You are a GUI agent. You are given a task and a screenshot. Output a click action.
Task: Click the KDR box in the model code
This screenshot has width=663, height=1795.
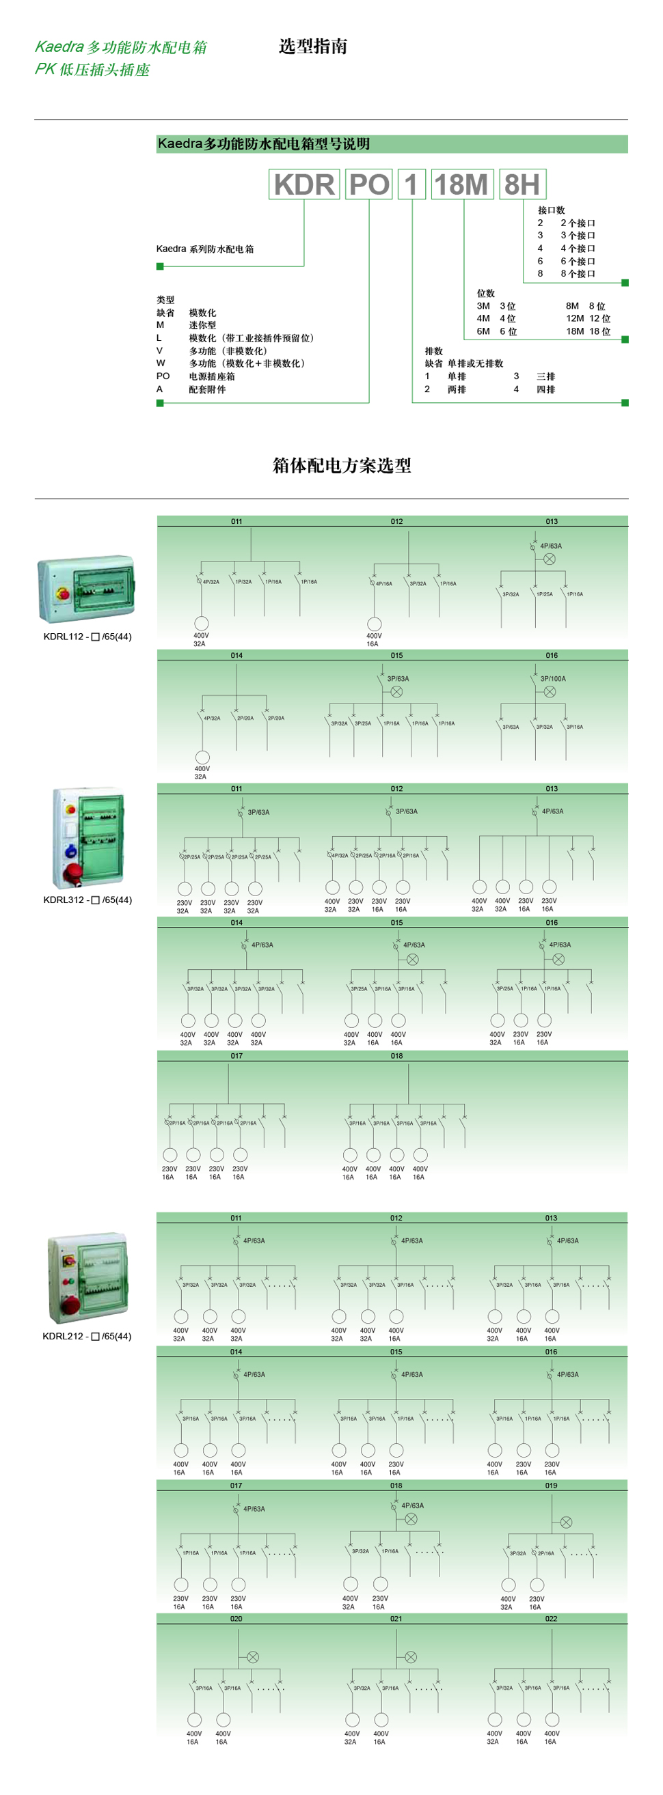tap(304, 184)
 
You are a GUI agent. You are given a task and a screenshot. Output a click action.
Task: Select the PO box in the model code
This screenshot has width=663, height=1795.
tap(369, 184)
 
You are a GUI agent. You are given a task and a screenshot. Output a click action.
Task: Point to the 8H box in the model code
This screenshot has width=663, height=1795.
tap(522, 184)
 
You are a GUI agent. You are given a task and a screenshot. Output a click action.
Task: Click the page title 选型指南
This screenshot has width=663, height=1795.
tap(313, 46)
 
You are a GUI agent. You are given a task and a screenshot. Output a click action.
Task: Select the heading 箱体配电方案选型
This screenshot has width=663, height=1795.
tap(342, 465)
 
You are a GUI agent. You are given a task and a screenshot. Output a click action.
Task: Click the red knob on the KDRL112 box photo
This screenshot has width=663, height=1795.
tap(61, 593)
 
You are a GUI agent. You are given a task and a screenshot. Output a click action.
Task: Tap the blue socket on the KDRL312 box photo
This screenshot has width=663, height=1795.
tap(71, 851)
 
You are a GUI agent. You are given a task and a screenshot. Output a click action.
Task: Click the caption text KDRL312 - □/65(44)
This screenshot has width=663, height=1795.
tap(87, 900)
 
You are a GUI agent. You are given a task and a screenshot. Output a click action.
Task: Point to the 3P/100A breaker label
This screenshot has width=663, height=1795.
tap(553, 679)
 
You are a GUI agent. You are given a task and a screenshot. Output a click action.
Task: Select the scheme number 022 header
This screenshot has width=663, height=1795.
tap(552, 1619)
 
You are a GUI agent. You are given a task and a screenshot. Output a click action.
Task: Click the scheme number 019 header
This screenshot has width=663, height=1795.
tap(552, 1486)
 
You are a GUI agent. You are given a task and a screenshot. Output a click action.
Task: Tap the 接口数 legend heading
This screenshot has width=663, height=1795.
tap(551, 210)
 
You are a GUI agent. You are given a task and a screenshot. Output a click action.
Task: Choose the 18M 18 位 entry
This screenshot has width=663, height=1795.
tap(588, 332)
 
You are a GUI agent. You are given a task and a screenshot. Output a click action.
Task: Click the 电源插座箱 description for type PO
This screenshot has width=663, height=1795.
tap(212, 376)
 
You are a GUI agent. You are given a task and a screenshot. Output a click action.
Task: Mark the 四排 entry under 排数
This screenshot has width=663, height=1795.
tap(546, 389)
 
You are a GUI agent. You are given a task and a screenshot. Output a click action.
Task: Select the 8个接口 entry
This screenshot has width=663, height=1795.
tap(578, 274)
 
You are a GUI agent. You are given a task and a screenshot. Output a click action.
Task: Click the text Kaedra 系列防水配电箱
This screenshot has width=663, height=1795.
tap(205, 249)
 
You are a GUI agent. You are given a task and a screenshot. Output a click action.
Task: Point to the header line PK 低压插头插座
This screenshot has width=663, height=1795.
tap(93, 70)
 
